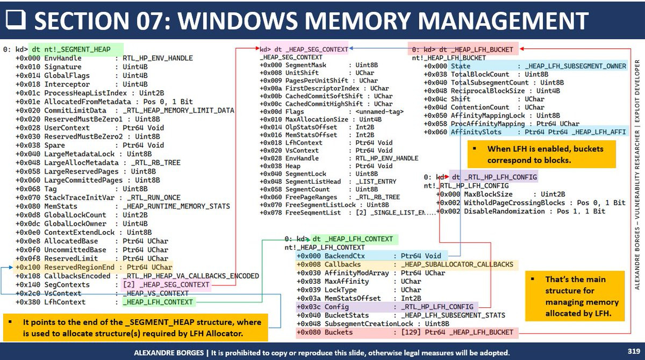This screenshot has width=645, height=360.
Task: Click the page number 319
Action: [633, 351]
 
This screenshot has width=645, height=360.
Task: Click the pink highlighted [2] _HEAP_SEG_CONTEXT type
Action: [165, 284]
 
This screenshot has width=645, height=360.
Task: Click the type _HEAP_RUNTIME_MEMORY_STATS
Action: [176, 206]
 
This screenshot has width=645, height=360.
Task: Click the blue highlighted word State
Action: [460, 66]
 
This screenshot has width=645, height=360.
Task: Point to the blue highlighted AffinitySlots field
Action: [476, 132]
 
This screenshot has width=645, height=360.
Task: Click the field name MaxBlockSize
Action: [489, 194]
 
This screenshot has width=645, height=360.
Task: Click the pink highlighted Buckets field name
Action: [339, 332]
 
